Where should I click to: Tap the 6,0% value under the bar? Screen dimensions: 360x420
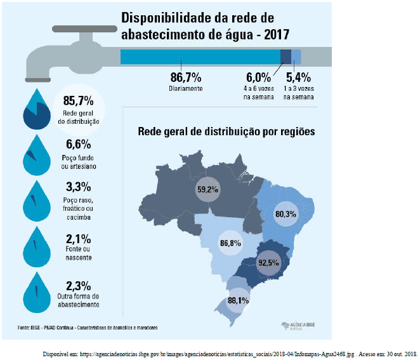(258, 77)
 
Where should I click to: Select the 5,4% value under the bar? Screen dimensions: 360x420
(298, 77)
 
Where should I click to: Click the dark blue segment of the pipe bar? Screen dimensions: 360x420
(285, 56)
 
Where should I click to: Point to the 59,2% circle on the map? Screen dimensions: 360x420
(207, 189)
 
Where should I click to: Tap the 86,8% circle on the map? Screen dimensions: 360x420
(230, 243)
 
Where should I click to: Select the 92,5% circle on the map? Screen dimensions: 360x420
(269, 262)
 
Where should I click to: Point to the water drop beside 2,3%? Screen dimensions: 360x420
(36, 293)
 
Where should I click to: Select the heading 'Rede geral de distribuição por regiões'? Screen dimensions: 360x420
(226, 132)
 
